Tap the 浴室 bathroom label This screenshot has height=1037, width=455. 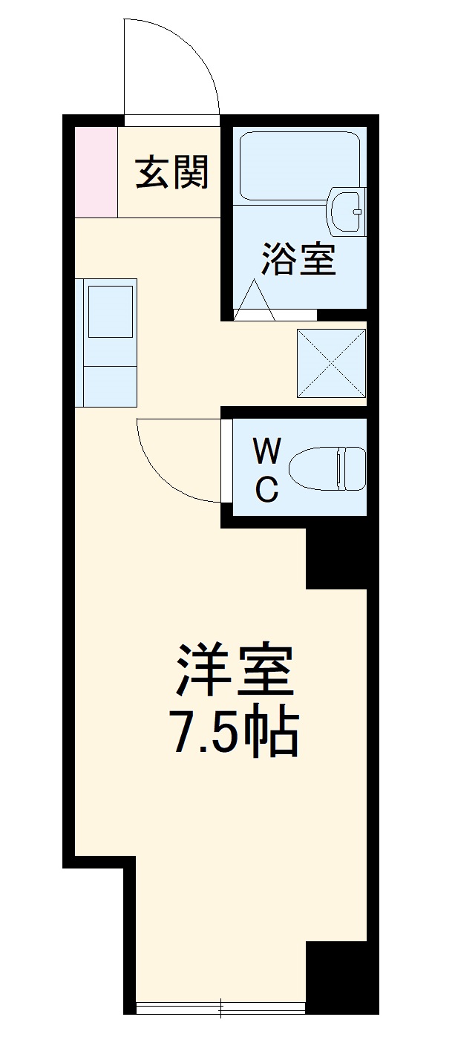point(298,259)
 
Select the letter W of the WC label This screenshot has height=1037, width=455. point(267,451)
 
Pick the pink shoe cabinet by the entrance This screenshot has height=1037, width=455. point(96,172)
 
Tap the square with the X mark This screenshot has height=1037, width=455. point(331,362)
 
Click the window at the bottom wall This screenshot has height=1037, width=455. point(221,1007)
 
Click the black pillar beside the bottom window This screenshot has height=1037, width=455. point(336,976)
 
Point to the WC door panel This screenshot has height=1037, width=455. point(226,460)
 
